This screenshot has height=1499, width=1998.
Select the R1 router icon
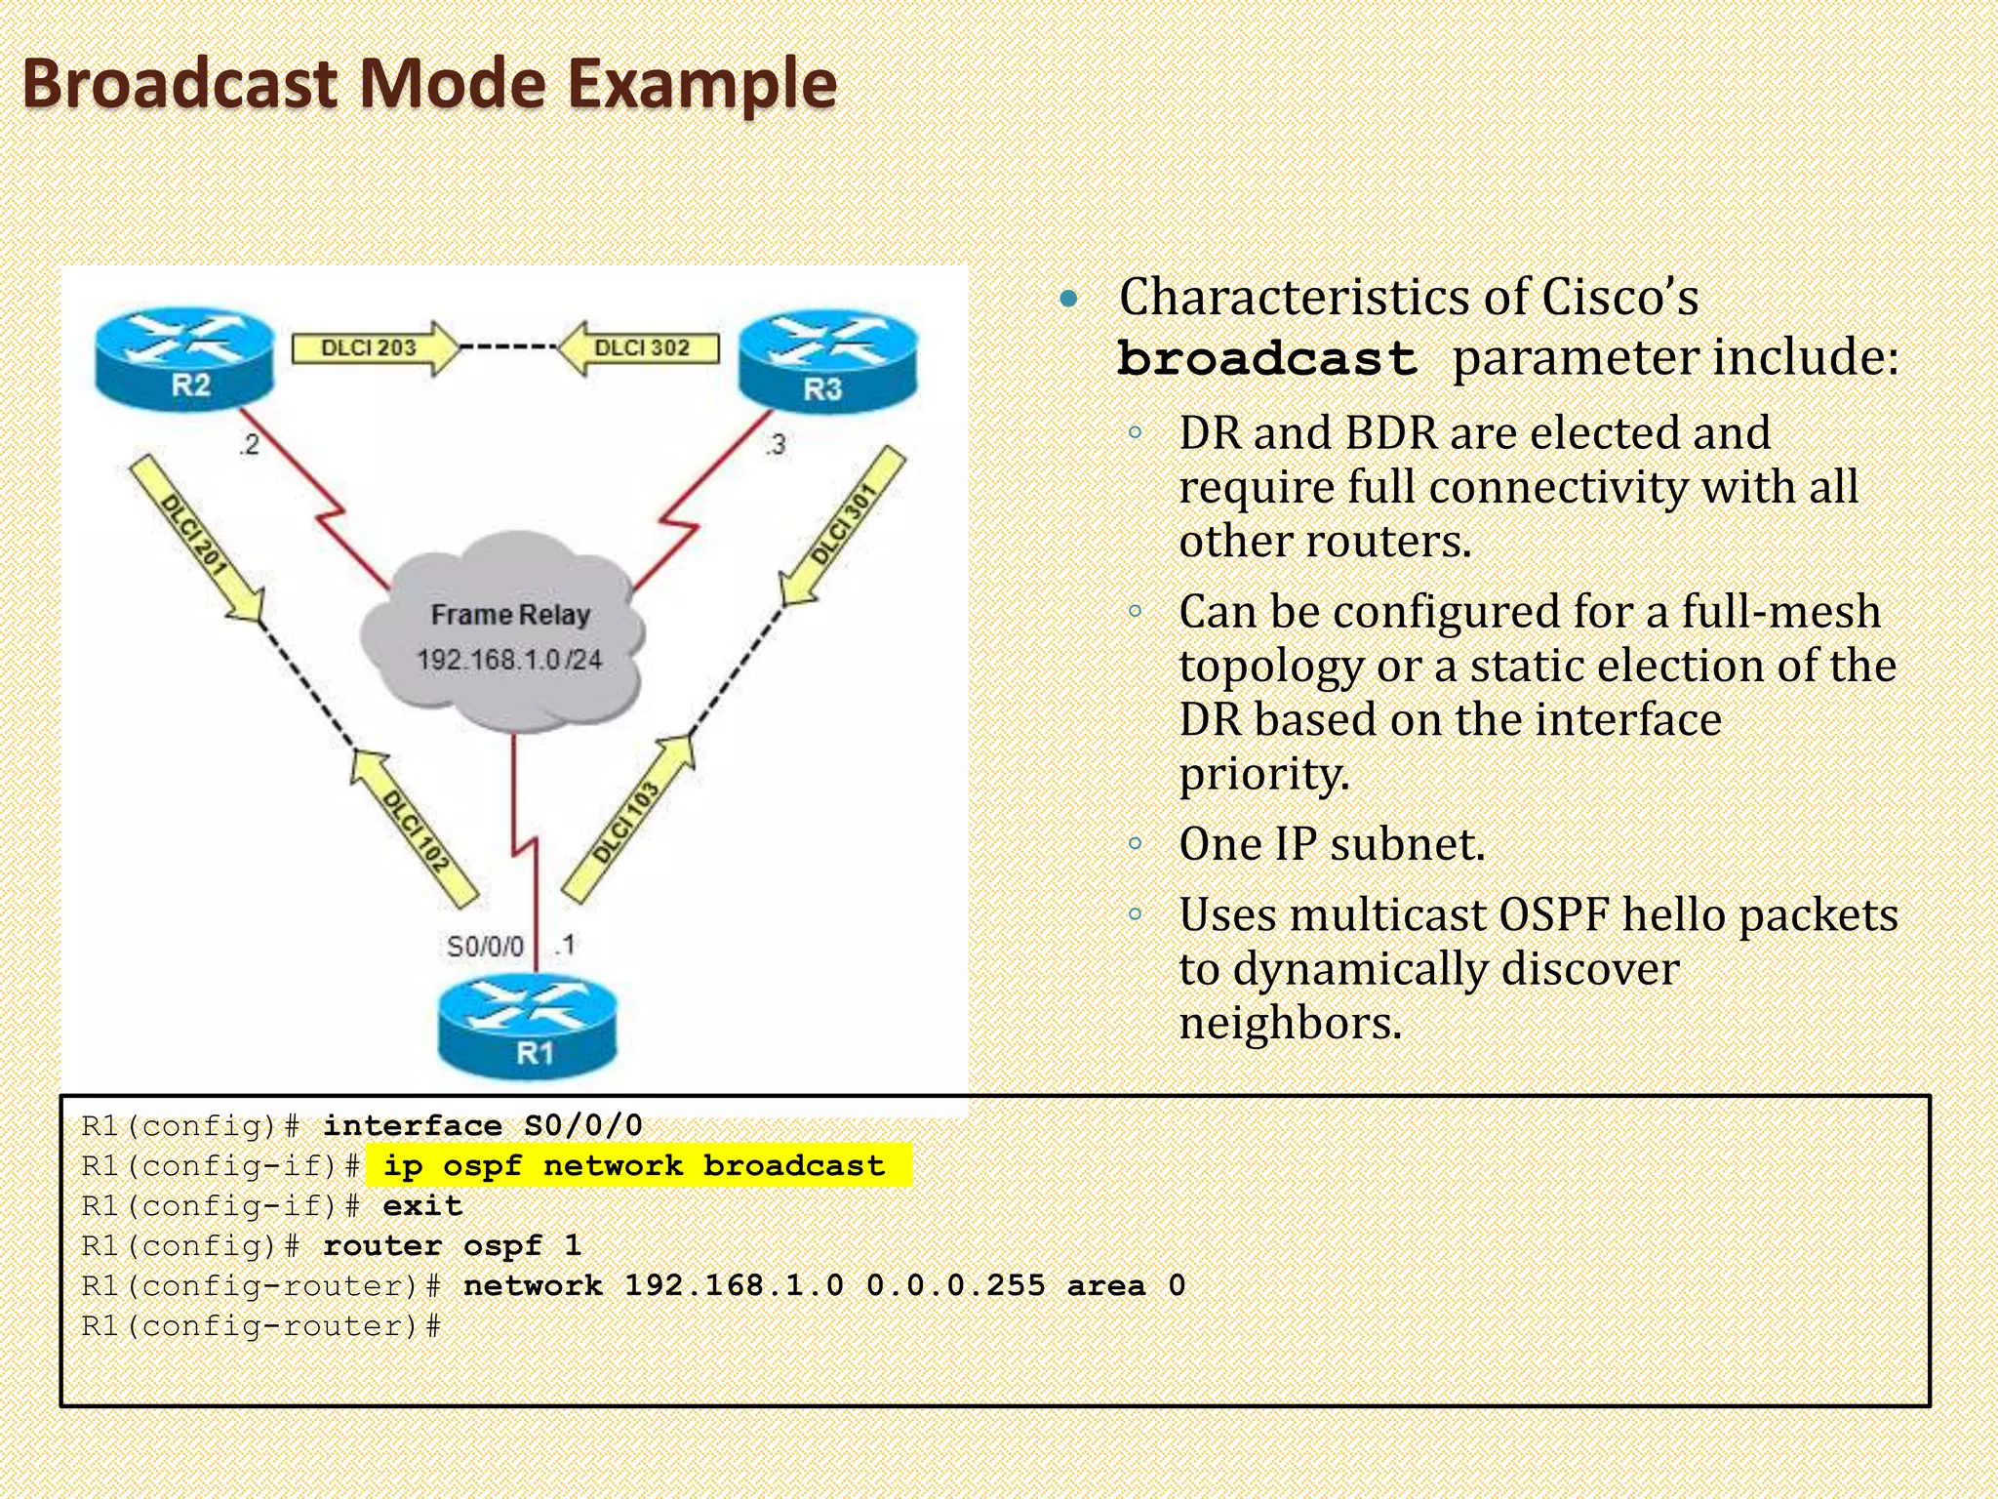[x=528, y=1029]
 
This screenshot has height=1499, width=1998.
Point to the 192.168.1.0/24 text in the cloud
[x=508, y=661]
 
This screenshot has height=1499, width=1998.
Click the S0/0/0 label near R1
[x=485, y=947]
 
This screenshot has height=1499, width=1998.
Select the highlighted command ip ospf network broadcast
[x=634, y=1166]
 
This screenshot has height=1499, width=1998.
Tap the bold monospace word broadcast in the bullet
[x=1266, y=359]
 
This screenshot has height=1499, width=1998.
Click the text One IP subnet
[x=1332, y=844]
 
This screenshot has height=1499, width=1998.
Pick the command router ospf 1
[x=452, y=1246]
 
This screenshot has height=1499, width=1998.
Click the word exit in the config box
[x=421, y=1206]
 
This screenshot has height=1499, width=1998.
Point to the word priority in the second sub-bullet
[x=1263, y=774]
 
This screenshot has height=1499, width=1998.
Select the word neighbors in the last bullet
[x=1289, y=1024]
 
